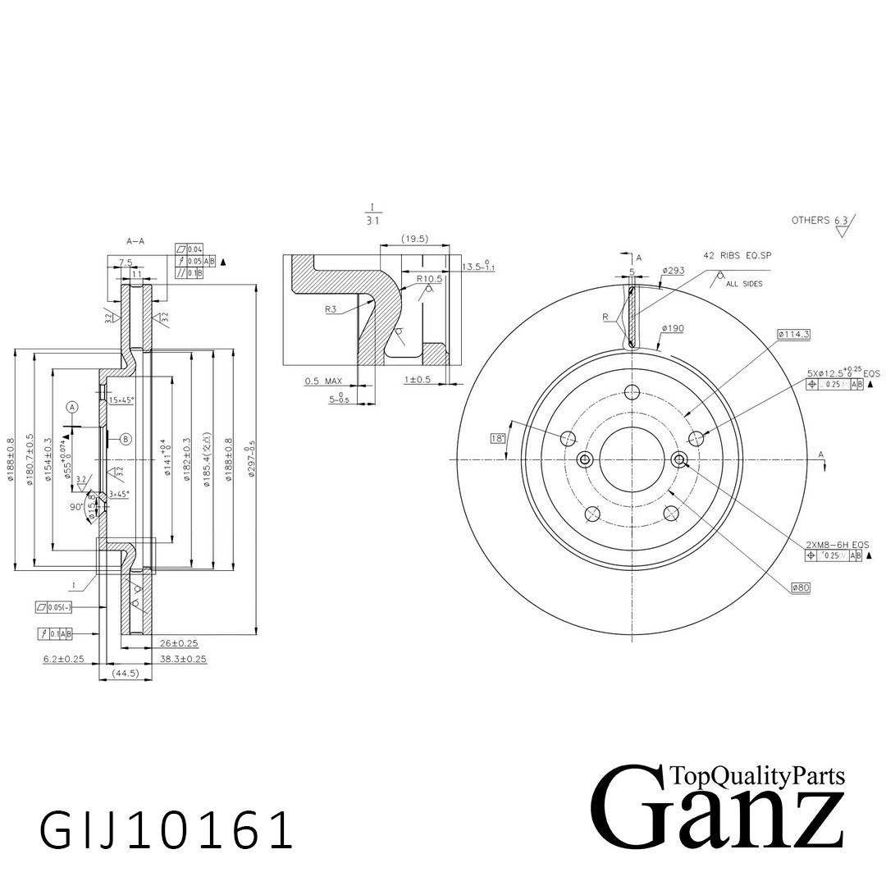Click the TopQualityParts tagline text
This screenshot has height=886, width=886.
[756, 775]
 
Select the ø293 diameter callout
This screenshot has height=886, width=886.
[674, 270]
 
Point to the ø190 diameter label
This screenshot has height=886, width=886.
[673, 328]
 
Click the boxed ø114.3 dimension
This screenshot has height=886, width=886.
[793, 334]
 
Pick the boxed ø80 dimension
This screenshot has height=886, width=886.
[801, 587]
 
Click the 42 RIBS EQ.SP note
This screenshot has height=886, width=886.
[738, 256]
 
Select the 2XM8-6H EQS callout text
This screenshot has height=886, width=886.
[837, 545]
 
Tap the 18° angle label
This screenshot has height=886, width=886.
[497, 438]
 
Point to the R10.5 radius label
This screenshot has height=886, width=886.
[429, 279]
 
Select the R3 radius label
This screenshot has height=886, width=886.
[331, 309]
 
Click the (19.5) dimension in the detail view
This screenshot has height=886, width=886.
[415, 239]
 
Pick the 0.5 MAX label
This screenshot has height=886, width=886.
[323, 381]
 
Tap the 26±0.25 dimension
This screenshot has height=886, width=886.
[179, 643]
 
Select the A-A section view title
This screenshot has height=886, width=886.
[135, 241]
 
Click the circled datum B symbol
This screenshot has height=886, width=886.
[126, 439]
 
